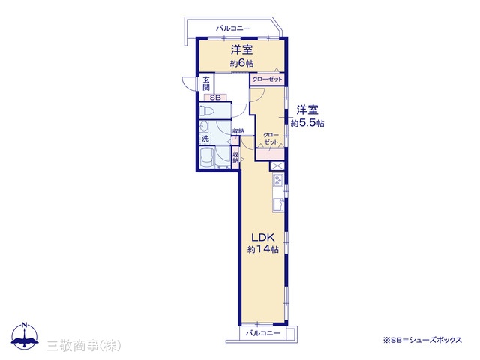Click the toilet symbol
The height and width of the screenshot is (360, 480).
pyautogui.click(x=207, y=111)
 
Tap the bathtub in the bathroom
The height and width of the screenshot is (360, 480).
pyautogui.click(x=207, y=157)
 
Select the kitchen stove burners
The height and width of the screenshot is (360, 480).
pyautogui.click(x=278, y=180)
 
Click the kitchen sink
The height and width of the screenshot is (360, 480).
pyautogui.click(x=278, y=205)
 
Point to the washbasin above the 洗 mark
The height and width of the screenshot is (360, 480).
pyautogui.click(x=204, y=127)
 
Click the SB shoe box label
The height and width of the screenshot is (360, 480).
pyautogui.click(x=215, y=98)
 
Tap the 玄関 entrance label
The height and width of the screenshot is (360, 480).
pyautogui.click(x=207, y=84)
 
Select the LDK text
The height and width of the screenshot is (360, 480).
pyautogui.click(x=262, y=237)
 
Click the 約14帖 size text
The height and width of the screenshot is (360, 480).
pyautogui.click(x=263, y=249)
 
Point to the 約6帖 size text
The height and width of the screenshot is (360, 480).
pyautogui.click(x=241, y=63)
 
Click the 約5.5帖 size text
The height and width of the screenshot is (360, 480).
pyautogui.click(x=307, y=123)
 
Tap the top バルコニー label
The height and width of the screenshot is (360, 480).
pyautogui.click(x=233, y=28)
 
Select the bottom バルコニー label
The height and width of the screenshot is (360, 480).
pyautogui.click(x=263, y=333)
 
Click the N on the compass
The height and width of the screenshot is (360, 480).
pyautogui.click(x=25, y=325)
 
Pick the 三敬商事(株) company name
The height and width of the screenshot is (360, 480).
pyautogui.click(x=84, y=346)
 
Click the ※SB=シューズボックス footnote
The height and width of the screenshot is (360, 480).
pyautogui.click(x=422, y=340)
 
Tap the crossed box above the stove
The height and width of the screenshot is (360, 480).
pyautogui.click(x=277, y=166)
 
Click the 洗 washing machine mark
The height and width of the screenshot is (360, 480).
pyautogui.click(x=205, y=139)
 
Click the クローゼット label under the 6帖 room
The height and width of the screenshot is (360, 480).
pyautogui.click(x=267, y=79)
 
